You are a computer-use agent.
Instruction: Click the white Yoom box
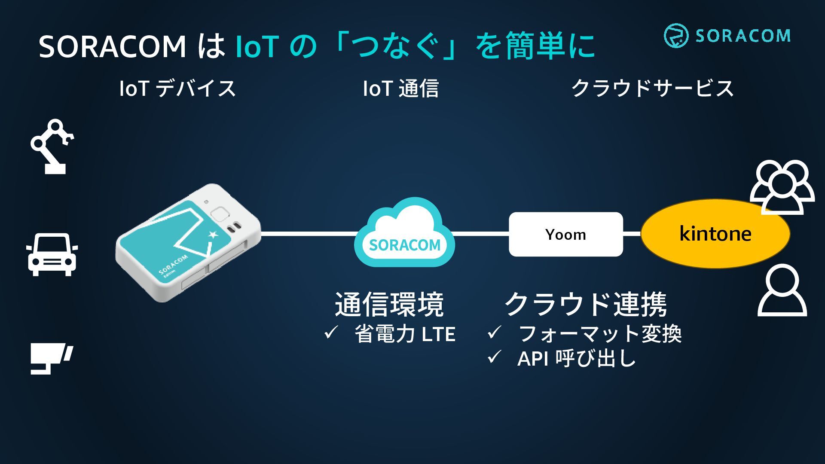pyautogui.click(x=565, y=234)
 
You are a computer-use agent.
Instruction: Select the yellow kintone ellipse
pyautogui.click(x=715, y=234)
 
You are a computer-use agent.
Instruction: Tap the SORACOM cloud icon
pyautogui.click(x=404, y=234)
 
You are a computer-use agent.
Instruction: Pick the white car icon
pyautogui.click(x=52, y=254)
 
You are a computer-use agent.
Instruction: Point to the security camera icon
pyautogui.click(x=51, y=358)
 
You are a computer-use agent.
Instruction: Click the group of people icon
pyautogui.click(x=782, y=187)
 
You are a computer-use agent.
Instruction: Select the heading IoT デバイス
pyautogui.click(x=177, y=89)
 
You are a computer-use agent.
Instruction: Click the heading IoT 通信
pyautogui.click(x=401, y=89)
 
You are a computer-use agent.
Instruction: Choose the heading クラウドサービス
pyautogui.click(x=652, y=89)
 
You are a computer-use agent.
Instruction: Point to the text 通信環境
pyautogui.click(x=389, y=304)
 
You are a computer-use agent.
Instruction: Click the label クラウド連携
pyautogui.click(x=586, y=304)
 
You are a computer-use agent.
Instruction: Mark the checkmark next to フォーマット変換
pyautogui.click(x=494, y=333)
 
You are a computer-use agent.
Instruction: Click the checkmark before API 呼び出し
pyautogui.click(x=494, y=357)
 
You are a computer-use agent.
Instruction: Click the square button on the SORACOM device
pyautogui.click(x=220, y=214)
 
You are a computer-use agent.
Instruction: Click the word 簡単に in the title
pyautogui.click(x=550, y=46)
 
